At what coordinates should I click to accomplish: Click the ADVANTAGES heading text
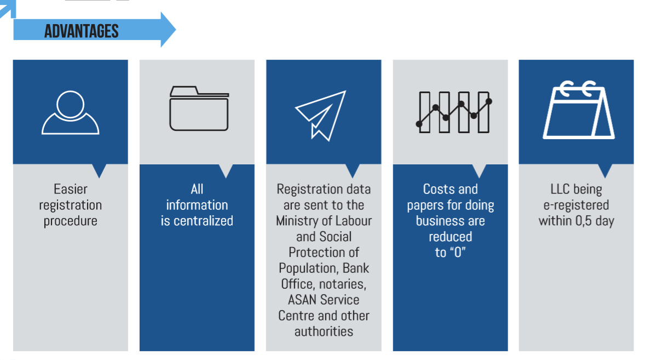tap(82, 31)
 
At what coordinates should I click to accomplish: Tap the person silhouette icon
tap(70, 112)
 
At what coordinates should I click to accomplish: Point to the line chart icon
tap(453, 112)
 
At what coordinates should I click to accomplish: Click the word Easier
tap(71, 190)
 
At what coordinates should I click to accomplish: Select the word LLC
tap(561, 190)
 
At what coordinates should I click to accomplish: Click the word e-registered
tap(576, 205)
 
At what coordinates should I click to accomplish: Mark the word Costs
tap(439, 190)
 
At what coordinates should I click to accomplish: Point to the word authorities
tap(324, 332)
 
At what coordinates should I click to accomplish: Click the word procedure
tap(71, 221)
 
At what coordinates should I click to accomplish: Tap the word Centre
tap(296, 316)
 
